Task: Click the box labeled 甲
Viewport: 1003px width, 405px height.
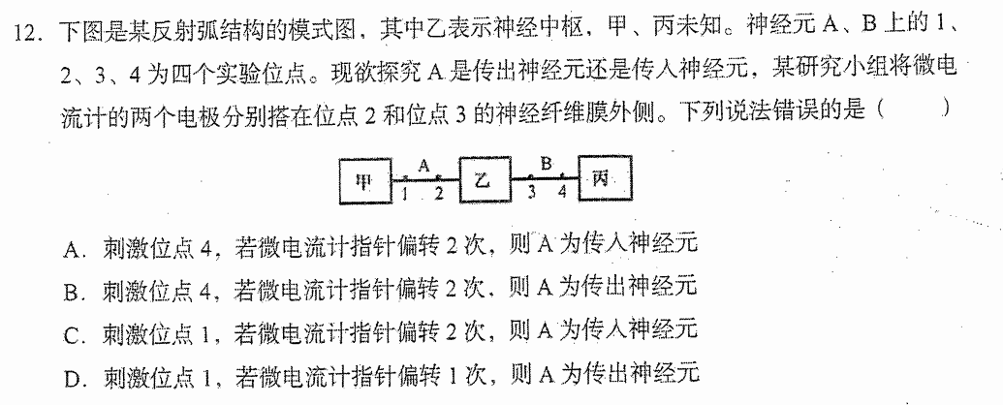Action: pyautogui.click(x=364, y=180)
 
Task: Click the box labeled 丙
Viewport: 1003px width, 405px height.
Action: pyautogui.click(x=604, y=178)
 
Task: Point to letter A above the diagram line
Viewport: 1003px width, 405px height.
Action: pyautogui.click(x=423, y=165)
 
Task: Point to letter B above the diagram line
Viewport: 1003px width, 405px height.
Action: pyautogui.click(x=546, y=164)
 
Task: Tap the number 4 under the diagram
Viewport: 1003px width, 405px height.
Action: pyautogui.click(x=562, y=193)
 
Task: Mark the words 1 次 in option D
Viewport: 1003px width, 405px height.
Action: pyautogui.click(x=464, y=374)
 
